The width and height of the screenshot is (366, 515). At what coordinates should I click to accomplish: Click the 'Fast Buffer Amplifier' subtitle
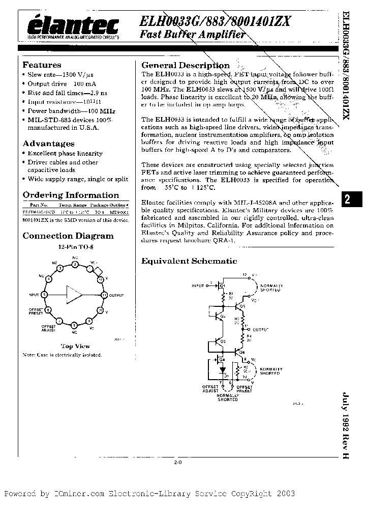click(x=193, y=35)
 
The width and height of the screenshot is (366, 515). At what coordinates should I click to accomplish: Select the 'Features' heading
click(x=42, y=65)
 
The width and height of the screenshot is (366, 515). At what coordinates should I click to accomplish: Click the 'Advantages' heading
click(x=48, y=144)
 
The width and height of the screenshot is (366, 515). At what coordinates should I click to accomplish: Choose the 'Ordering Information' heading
click(x=71, y=195)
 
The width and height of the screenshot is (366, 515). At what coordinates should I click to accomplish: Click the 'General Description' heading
click(x=186, y=65)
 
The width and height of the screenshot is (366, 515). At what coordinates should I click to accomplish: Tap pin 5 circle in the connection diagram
click(x=45, y=295)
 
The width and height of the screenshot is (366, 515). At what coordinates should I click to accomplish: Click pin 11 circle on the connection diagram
click(x=104, y=295)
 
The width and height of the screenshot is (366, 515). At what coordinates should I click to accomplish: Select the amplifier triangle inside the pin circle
click(x=74, y=295)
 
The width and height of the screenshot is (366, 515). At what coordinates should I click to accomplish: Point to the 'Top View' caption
click(x=75, y=346)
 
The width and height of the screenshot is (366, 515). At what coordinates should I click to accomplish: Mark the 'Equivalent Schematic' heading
click(x=189, y=261)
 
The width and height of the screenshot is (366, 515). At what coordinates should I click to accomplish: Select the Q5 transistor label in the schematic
click(x=242, y=306)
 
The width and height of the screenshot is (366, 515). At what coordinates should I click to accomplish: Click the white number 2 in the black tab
click(x=347, y=200)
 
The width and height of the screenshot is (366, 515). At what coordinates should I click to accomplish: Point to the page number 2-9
click(x=178, y=463)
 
